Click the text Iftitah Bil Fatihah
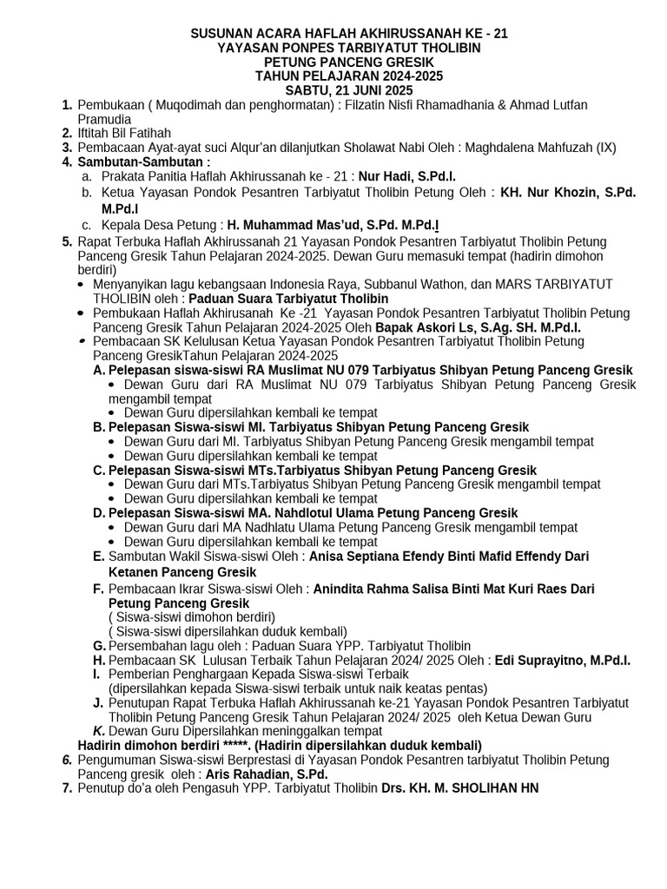click(x=124, y=133)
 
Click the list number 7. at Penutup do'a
click(x=67, y=788)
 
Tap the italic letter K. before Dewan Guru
click(x=99, y=731)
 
